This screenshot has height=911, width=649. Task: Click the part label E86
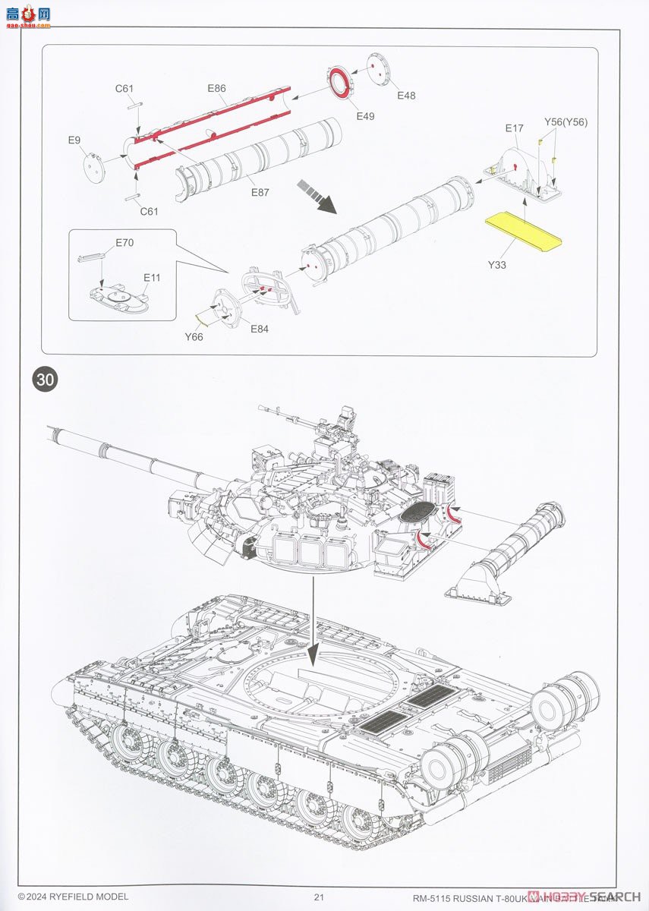pos(216,89)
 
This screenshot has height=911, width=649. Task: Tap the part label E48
pos(406,96)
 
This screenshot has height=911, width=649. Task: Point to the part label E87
pos(260,192)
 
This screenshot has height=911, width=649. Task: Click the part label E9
pos(74,140)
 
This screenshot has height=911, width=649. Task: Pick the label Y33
pos(497,265)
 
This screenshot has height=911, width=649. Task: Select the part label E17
pos(514,128)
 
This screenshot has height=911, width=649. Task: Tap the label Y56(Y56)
pos(566,121)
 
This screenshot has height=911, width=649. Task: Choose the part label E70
pos(124,243)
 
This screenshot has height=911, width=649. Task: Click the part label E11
pos(153,278)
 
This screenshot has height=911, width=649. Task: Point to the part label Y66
pos(194,336)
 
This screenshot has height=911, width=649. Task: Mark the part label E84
pos(260,329)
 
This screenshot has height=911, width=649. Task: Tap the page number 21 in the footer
pos(319,897)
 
